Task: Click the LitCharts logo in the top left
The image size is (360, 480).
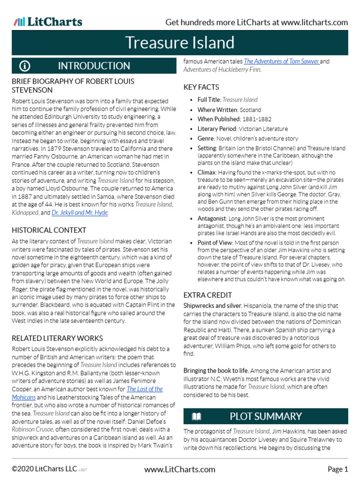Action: point(48,22)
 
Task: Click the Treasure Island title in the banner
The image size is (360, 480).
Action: point(180,43)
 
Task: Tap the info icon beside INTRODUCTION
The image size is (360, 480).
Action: point(25,66)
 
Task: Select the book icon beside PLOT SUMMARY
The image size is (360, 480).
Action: point(196,416)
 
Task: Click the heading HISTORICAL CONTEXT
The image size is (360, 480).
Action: point(49,230)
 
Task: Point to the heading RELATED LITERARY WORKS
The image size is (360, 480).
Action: point(57,338)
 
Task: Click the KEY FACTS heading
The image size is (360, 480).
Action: point(201,87)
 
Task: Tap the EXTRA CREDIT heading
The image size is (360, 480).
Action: point(207,295)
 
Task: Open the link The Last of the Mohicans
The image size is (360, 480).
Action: point(145,389)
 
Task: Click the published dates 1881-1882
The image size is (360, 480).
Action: point(257,119)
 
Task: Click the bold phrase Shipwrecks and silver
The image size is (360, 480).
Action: point(212,306)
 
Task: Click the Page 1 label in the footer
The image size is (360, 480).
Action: point(337,469)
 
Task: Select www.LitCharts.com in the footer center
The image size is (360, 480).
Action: point(180,469)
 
